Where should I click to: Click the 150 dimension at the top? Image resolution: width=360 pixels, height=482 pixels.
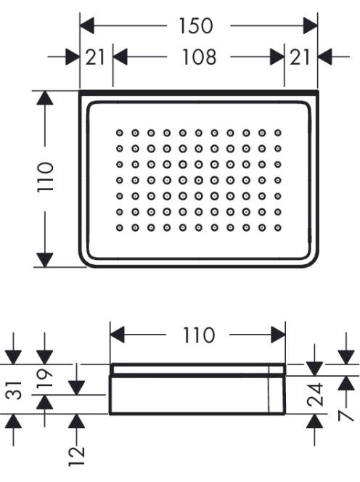tap(195, 26)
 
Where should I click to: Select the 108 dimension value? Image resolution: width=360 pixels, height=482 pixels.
tap(199, 57)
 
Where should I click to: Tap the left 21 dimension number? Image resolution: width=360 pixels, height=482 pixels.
tap(95, 57)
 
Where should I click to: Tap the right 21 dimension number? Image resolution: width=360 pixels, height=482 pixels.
tap(300, 57)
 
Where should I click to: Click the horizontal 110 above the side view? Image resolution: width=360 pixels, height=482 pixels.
tap(198, 335)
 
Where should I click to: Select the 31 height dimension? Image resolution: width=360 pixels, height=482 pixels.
tap(15, 390)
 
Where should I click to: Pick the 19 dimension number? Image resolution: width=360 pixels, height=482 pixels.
tap(45, 378)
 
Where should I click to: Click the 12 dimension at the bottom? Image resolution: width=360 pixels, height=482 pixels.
tap(76, 457)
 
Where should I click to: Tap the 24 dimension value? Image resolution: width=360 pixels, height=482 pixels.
tap(315, 394)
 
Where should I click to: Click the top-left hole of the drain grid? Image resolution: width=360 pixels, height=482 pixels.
tap(119, 133)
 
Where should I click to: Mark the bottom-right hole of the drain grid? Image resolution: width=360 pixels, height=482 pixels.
tap(278, 228)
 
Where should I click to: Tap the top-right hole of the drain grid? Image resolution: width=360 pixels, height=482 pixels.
tap(278, 133)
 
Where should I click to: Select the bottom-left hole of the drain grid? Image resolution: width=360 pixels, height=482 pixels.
tap(119, 228)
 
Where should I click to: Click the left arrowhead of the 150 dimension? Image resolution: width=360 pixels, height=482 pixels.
tap(87, 26)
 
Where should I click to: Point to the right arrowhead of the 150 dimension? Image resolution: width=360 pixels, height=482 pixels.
tap(310, 26)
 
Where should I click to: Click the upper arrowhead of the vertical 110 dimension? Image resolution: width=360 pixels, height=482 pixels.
tap(45, 98)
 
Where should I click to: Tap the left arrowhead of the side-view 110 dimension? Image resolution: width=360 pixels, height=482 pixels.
tap(118, 335)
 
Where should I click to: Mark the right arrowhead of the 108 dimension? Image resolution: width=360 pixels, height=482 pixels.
tap(277, 57)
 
